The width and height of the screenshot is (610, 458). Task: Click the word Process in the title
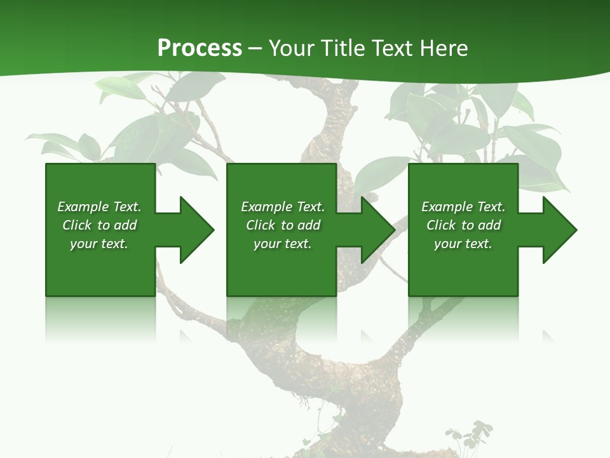pyautogui.click(x=200, y=48)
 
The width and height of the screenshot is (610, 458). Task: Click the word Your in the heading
pyautogui.click(x=292, y=48)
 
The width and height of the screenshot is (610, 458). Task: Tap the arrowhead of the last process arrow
pyautogui.click(x=559, y=230)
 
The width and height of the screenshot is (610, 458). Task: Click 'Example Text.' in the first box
pyautogui.click(x=99, y=207)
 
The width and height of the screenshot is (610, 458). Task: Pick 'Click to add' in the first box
pyautogui.click(x=99, y=225)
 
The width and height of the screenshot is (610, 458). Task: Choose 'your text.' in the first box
pyautogui.click(x=99, y=244)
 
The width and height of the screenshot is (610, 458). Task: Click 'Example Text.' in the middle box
pyautogui.click(x=283, y=207)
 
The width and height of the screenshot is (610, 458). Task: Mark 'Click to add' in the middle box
pyautogui.click(x=283, y=225)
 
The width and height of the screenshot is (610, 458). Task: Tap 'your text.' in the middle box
pyautogui.click(x=283, y=244)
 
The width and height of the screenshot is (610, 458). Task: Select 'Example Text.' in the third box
pyautogui.click(x=463, y=207)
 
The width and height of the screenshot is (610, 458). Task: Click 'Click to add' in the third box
pyautogui.click(x=463, y=225)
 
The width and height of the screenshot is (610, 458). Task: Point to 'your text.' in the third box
pyautogui.click(x=463, y=244)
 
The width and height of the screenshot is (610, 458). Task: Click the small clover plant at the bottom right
pyautogui.click(x=466, y=438)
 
